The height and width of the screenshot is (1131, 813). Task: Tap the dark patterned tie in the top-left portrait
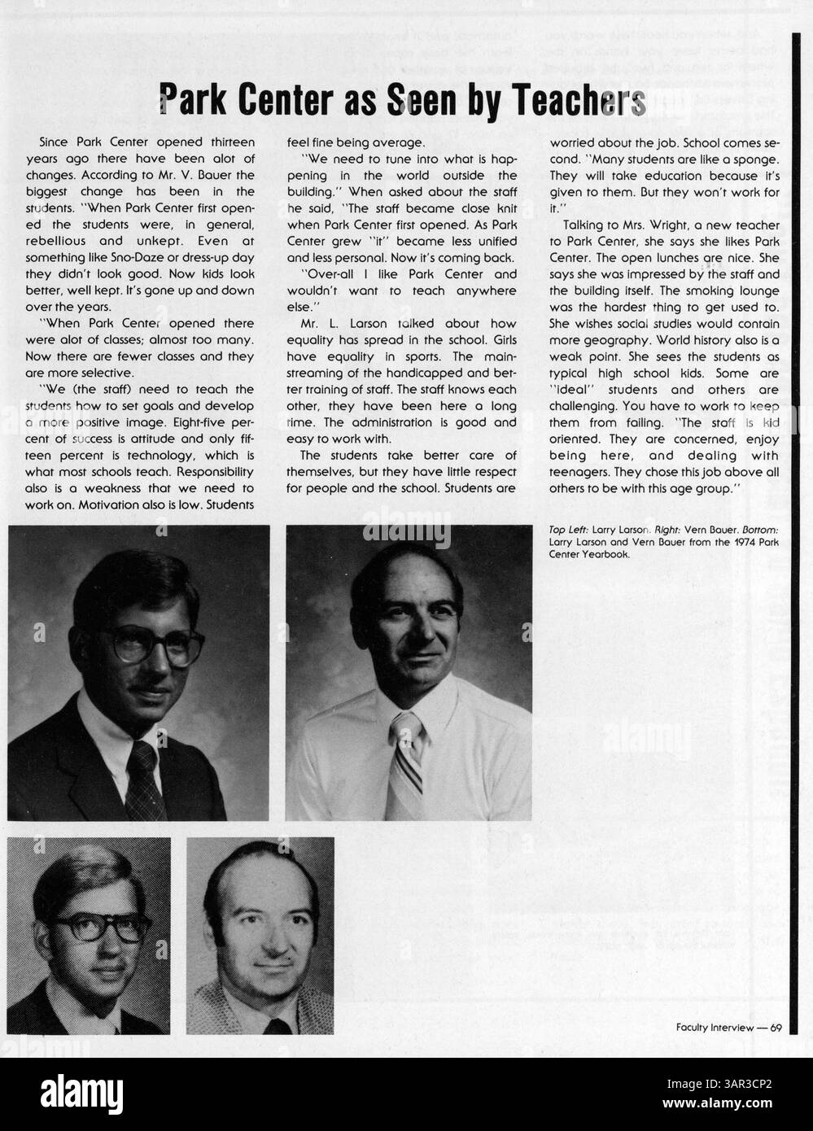coord(145,781)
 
